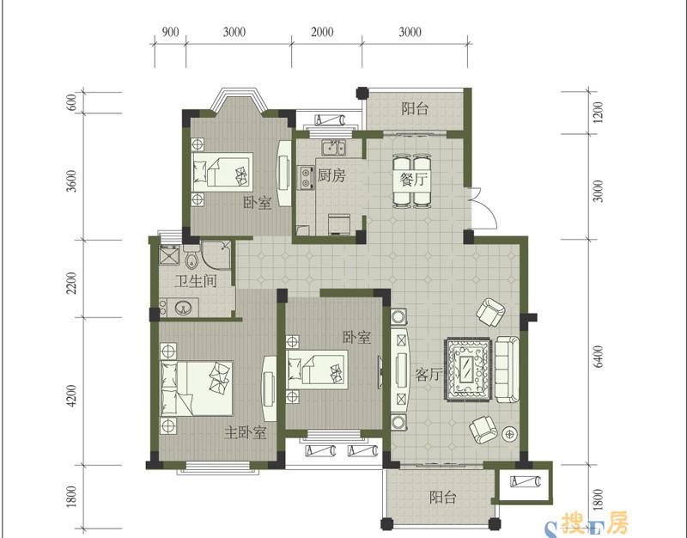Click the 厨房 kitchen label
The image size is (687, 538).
(331, 176)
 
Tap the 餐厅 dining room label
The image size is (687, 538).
(414, 179)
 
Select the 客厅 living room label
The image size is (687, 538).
(428, 375)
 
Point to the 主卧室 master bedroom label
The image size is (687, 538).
(246, 433)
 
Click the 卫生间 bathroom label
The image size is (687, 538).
(196, 281)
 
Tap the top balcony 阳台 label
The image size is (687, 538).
(415, 108)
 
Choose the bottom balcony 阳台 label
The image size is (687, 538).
(442, 498)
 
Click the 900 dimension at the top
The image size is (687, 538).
(170, 32)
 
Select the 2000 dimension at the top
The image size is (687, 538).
(323, 32)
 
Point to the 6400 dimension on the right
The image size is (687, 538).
(598, 357)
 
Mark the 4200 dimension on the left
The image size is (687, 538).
(71, 396)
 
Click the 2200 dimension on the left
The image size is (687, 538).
(71, 284)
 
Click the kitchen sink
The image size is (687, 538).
(334, 148)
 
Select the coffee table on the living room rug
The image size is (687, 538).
(467, 369)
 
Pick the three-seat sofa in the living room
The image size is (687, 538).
(508, 370)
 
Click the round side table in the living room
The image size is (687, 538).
(509, 434)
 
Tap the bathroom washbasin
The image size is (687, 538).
(184, 308)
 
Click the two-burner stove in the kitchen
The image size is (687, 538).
(306, 178)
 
